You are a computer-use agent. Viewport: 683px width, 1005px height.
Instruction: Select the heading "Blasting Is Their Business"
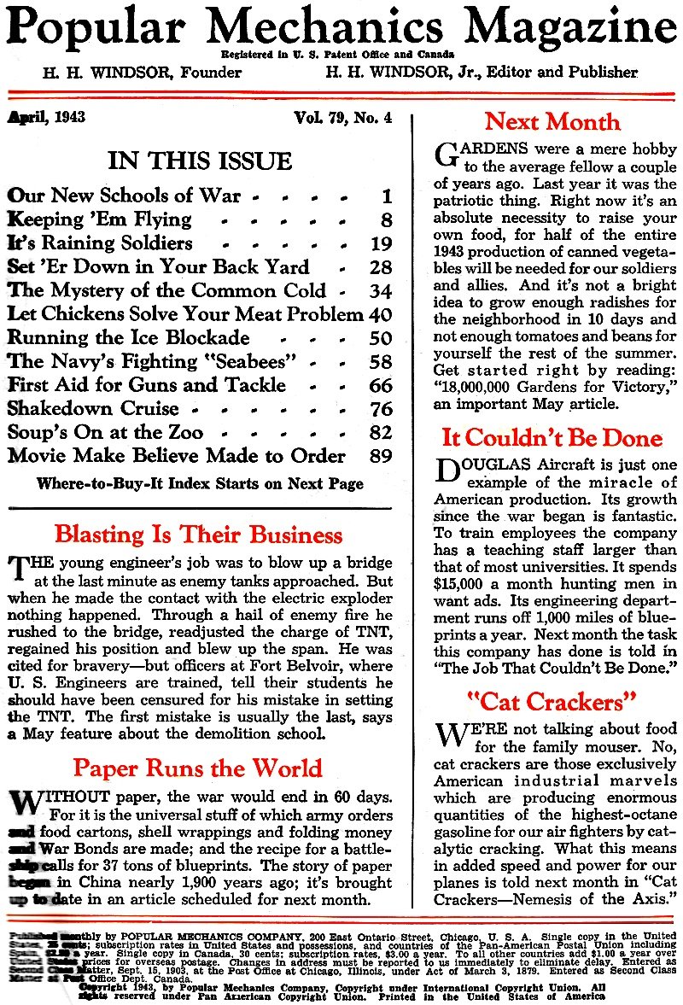tap(198, 535)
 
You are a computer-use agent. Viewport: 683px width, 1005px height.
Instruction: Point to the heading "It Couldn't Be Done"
tap(552, 438)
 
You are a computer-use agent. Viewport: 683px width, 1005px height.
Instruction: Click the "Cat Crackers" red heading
tap(552, 701)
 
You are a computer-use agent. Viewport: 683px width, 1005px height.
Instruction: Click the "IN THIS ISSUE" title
tap(200, 161)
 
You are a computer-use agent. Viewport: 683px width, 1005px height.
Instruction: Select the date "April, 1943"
tap(47, 116)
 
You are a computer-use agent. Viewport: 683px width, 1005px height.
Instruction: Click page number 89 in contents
tap(381, 456)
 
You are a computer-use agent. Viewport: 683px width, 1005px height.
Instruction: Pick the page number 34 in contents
tap(381, 291)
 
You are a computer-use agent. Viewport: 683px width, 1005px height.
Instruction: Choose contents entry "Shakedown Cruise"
tap(93, 408)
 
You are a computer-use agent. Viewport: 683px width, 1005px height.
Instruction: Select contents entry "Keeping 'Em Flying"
tap(100, 219)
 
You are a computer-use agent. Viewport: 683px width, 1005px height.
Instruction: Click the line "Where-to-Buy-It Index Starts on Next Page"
tap(200, 483)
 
